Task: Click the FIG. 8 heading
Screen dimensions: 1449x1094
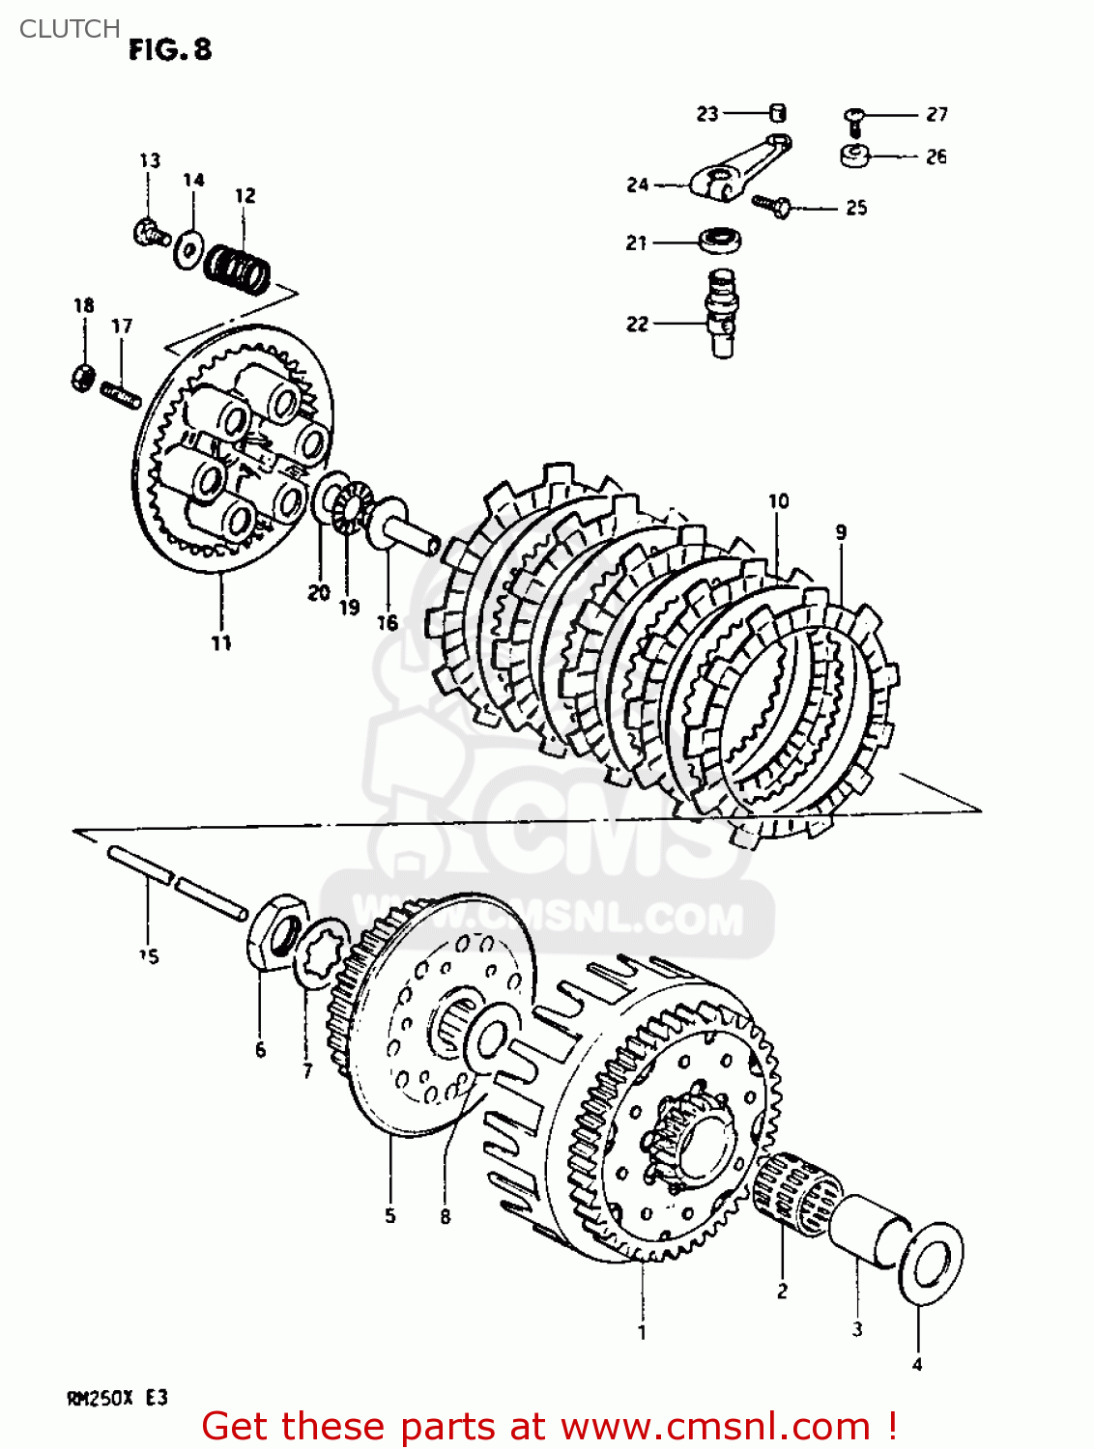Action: click(x=170, y=50)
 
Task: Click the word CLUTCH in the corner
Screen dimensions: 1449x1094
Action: click(x=70, y=29)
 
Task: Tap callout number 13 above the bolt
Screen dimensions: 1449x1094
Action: click(x=149, y=160)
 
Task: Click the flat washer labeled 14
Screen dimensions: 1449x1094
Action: click(x=187, y=250)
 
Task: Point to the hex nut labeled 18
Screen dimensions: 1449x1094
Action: click(x=83, y=376)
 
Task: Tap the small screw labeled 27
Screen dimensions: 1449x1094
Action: click(x=853, y=120)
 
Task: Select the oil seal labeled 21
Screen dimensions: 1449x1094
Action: click(x=718, y=240)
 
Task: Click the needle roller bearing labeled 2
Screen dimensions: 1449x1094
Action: click(x=796, y=1192)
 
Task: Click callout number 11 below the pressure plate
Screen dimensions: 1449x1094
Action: click(x=221, y=643)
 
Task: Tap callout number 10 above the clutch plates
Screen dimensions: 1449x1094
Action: click(x=778, y=500)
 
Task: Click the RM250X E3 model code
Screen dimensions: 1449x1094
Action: click(x=117, y=1399)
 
